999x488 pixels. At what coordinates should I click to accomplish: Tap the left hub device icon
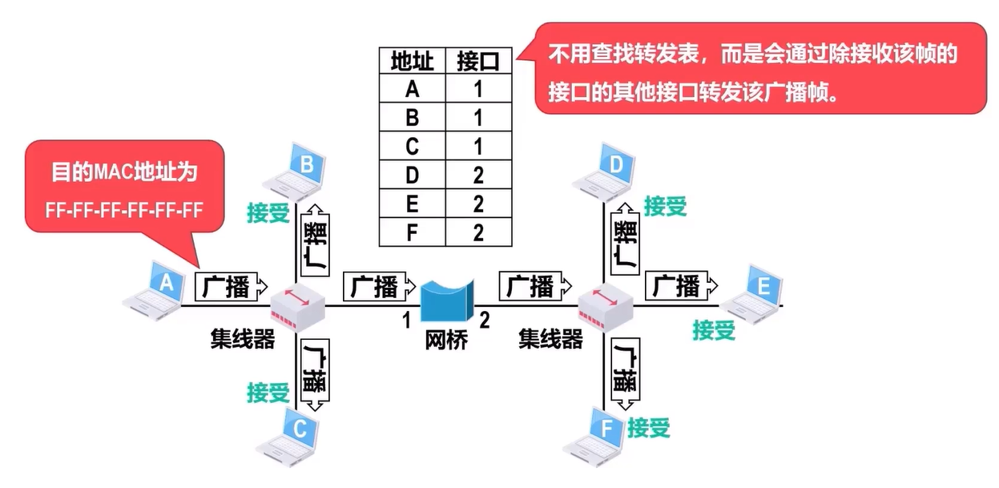click(296, 308)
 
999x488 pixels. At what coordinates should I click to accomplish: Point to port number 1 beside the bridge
click(406, 321)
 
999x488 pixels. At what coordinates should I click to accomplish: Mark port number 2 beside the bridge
click(484, 321)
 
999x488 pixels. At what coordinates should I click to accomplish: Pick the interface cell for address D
click(478, 175)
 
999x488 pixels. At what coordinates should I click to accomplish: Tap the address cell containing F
click(412, 232)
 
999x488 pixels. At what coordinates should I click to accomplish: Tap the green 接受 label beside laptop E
click(714, 329)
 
